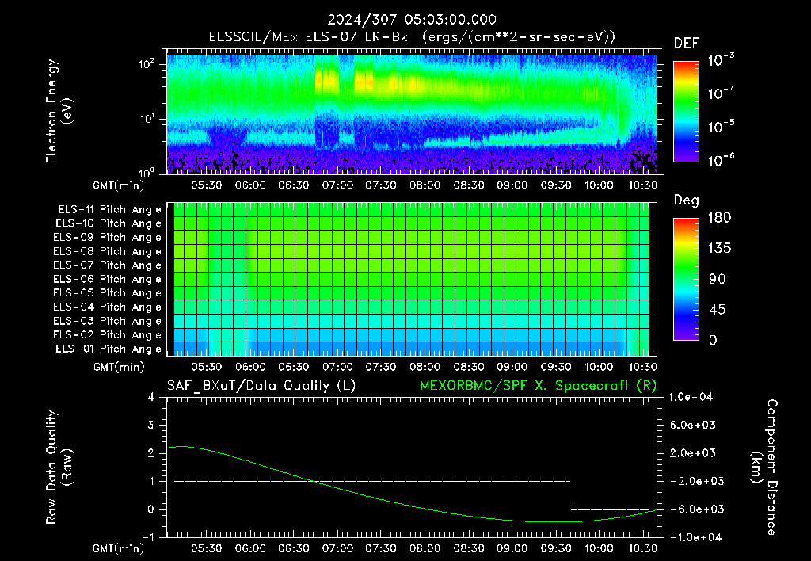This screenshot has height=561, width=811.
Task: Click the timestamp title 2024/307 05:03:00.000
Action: pyautogui.click(x=412, y=20)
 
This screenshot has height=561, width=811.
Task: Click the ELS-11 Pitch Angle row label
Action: pyautogui.click(x=109, y=210)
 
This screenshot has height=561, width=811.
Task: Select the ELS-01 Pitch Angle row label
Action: pyautogui.click(x=109, y=349)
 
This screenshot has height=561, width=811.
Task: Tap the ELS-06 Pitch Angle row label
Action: pyautogui.click(x=108, y=280)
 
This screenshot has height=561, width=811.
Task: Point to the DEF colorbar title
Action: pyautogui.click(x=687, y=44)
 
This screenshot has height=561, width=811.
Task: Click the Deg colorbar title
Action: pyautogui.click(x=687, y=200)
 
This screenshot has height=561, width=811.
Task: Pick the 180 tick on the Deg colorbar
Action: pyautogui.click(x=719, y=218)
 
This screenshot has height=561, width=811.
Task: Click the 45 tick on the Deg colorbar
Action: pyautogui.click(x=716, y=310)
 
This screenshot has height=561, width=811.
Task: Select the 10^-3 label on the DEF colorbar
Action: pyautogui.click(x=721, y=60)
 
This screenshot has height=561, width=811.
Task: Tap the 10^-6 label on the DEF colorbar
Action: pyautogui.click(x=721, y=160)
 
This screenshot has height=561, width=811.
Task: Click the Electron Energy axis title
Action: pyautogui.click(x=59, y=111)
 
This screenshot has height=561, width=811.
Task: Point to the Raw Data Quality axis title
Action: pyautogui.click(x=59, y=467)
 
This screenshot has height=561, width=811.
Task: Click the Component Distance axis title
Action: pyautogui.click(x=764, y=467)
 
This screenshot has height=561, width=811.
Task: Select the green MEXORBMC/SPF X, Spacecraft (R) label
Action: pyautogui.click(x=538, y=386)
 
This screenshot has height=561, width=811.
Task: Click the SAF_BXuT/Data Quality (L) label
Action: pyautogui.click(x=261, y=386)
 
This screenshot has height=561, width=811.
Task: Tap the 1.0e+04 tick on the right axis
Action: pyautogui.click(x=691, y=397)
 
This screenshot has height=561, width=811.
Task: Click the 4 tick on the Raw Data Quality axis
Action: pyautogui.click(x=151, y=397)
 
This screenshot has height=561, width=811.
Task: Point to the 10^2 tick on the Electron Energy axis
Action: pyautogui.click(x=147, y=64)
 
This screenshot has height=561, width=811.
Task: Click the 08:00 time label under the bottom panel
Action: pyautogui.click(x=425, y=548)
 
